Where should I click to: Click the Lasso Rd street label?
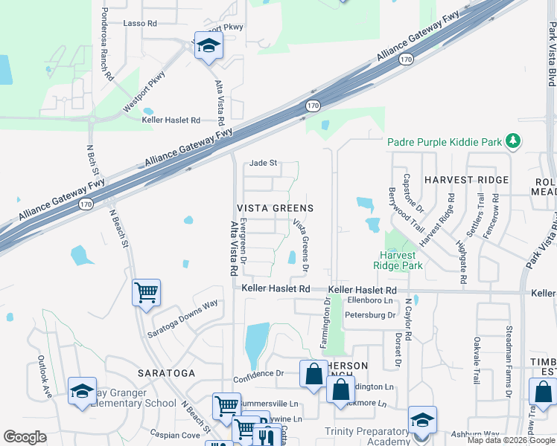[140, 24]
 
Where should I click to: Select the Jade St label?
[263, 163]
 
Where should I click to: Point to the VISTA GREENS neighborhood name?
[275, 208]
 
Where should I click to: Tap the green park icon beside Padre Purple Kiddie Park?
[512, 140]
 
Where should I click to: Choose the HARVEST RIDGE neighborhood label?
[466, 180]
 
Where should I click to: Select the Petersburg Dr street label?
[370, 315]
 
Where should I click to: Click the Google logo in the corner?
[25, 437]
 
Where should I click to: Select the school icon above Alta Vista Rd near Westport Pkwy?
[209, 45]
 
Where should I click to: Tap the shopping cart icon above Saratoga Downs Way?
[146, 292]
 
